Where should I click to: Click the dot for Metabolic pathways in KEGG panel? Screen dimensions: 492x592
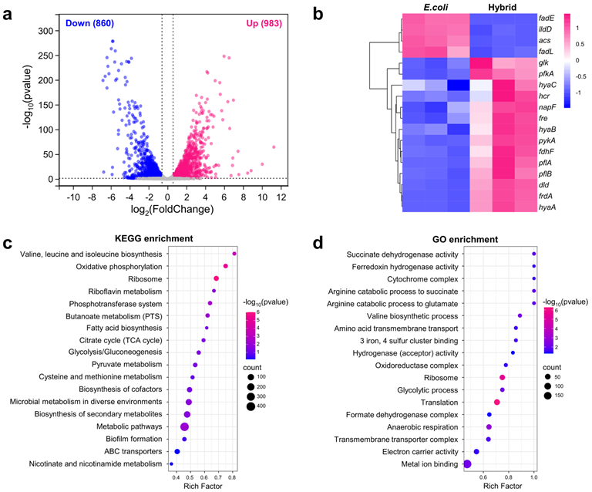pos(184,427)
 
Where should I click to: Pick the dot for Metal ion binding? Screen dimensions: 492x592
pos(467,463)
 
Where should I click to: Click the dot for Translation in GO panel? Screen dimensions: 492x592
pos(497,403)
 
